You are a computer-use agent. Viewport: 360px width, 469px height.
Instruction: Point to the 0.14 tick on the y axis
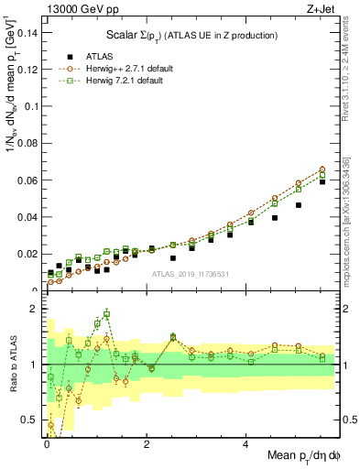click(27, 33)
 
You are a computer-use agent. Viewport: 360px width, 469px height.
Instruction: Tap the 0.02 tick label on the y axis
click(27, 254)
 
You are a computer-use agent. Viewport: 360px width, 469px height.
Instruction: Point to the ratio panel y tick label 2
click(33, 309)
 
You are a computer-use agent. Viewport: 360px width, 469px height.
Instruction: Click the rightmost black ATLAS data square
click(322, 182)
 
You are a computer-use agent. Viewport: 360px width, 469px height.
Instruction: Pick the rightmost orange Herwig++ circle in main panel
click(322, 169)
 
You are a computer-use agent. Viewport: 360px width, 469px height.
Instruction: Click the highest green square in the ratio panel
click(107, 314)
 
